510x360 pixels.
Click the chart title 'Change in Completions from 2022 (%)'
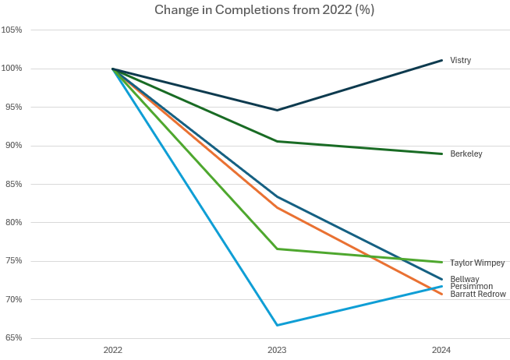click(255, 10)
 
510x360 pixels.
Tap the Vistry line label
click(460, 60)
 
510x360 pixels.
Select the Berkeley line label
click(466, 154)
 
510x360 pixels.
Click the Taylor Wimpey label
click(476, 263)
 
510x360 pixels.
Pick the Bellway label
click(464, 278)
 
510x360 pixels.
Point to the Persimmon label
click(470, 286)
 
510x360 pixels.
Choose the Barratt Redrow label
click(477, 294)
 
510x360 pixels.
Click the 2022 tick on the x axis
click(113, 351)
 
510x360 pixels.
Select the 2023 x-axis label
click(277, 351)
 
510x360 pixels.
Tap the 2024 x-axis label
click(441, 351)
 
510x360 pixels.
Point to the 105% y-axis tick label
click(12, 30)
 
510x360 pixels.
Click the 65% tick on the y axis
click(13, 338)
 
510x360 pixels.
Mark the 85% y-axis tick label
click(13, 184)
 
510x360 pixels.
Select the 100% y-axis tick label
click(12, 69)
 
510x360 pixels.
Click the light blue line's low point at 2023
click(277, 325)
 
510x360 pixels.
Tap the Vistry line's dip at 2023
click(277, 110)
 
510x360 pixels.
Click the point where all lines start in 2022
click(113, 69)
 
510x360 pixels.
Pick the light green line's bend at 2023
click(277, 249)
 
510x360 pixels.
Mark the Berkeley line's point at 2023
click(277, 141)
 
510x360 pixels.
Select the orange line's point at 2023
click(277, 206)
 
